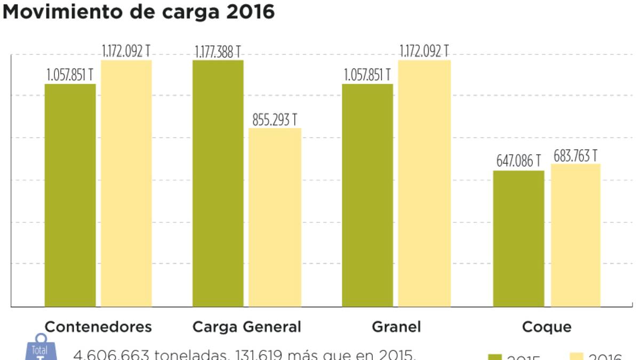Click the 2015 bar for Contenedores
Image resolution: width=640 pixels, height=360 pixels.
click(70, 195)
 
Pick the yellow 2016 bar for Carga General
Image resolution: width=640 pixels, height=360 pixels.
click(275, 217)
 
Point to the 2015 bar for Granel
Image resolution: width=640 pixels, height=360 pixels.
click(367, 195)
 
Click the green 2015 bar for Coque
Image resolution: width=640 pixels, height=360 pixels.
click(518, 238)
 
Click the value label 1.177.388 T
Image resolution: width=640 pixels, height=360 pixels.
click(218, 52)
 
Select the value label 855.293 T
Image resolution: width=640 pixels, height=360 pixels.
click(275, 120)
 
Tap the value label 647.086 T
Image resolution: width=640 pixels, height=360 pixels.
click(518, 161)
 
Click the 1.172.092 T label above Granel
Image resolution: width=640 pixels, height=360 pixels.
click(424, 52)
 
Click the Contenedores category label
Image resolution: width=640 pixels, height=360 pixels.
click(98, 326)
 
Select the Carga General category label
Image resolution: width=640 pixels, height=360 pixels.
click(246, 326)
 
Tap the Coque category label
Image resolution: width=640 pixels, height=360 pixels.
click(547, 326)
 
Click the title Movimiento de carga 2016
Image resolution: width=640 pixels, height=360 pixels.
click(139, 12)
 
